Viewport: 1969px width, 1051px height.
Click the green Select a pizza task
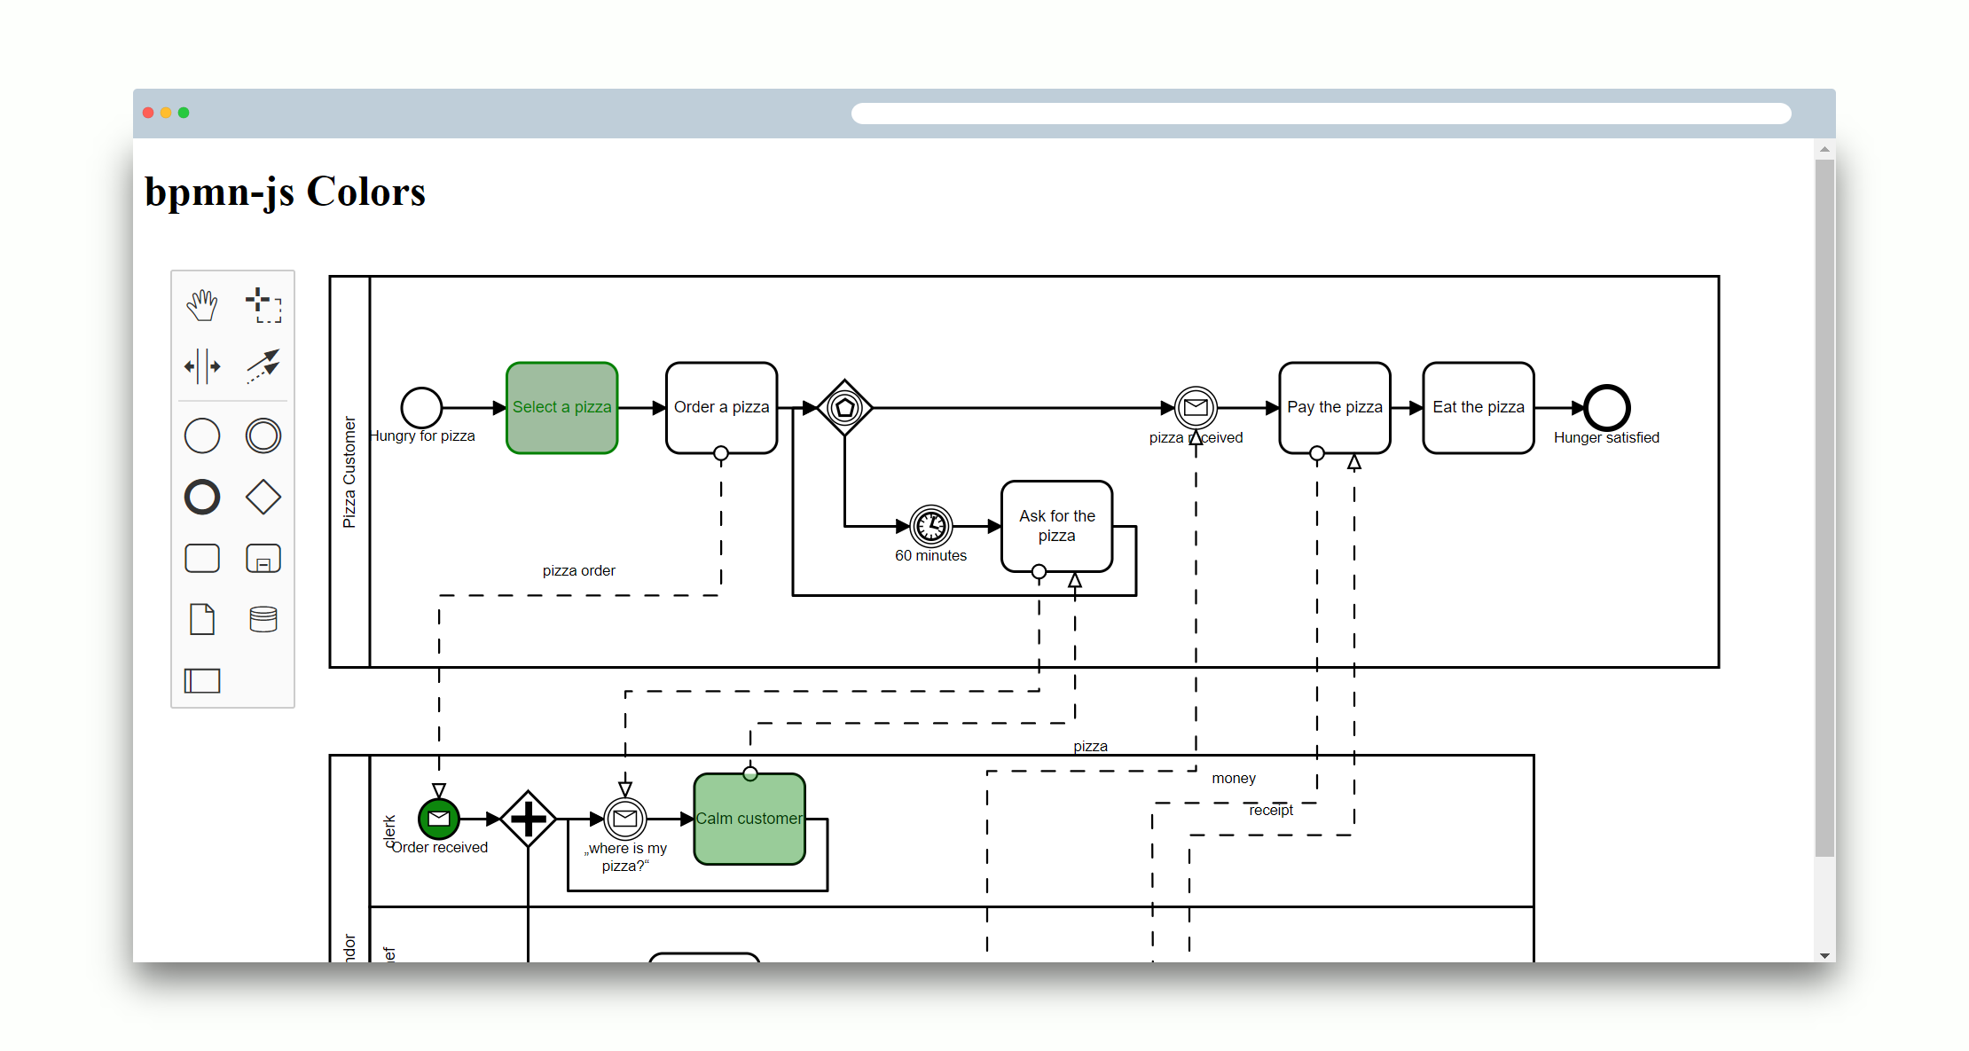[x=561, y=408]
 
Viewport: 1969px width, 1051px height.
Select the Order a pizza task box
[x=721, y=408]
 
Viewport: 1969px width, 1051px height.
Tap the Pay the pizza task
[x=1334, y=408]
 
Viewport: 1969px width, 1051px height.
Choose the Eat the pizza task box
[x=1478, y=408]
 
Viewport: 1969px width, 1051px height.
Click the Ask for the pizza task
[x=1056, y=526]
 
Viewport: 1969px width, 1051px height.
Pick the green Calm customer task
[x=749, y=819]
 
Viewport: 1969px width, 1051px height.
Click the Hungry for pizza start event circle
[x=421, y=408]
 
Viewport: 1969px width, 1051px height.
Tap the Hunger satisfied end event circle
[x=1606, y=408]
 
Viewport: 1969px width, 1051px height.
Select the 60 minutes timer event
[x=930, y=526]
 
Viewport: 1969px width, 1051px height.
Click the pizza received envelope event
[x=1196, y=408]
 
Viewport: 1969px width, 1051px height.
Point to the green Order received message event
[x=439, y=819]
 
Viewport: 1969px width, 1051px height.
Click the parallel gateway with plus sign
[x=528, y=819]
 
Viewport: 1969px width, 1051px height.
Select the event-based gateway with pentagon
[x=844, y=408]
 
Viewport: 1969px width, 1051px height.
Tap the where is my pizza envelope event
[x=625, y=819]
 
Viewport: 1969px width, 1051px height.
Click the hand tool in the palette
[x=202, y=305]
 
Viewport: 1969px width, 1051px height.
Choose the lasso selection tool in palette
[x=263, y=305]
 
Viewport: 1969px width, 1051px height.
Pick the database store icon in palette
[x=263, y=619]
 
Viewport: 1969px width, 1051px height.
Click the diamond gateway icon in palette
[x=263, y=497]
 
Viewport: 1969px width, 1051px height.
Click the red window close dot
[x=148, y=113]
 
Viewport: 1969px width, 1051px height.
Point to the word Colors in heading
[x=365, y=192]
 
